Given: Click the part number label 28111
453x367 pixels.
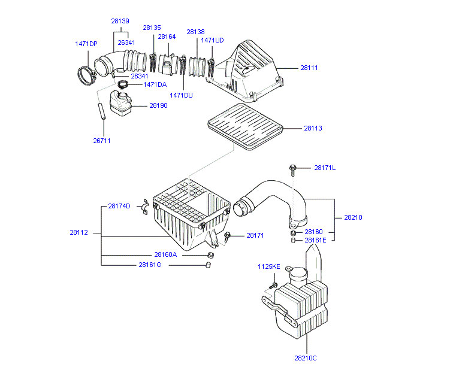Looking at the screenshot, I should pyautogui.click(x=309, y=68).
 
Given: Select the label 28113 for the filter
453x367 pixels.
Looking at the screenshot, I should pyautogui.click(x=313, y=128).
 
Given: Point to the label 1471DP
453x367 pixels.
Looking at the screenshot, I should pyautogui.click(x=86, y=44).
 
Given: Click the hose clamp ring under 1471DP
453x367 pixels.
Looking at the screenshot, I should pyautogui.click(x=87, y=76).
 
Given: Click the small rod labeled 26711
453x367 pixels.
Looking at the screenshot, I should pyautogui.click(x=102, y=111).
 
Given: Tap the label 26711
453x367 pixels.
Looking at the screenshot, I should pyautogui.click(x=101, y=141).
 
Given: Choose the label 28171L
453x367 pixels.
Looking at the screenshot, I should pyautogui.click(x=325, y=168).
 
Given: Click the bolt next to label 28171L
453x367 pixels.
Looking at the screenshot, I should pyautogui.click(x=292, y=169).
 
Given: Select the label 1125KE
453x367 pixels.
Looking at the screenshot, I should pyautogui.click(x=269, y=266).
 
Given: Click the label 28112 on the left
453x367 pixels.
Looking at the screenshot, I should pyautogui.click(x=78, y=232).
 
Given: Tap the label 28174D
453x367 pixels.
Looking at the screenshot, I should pyautogui.click(x=119, y=207).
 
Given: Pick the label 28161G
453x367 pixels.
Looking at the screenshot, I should pyautogui.click(x=150, y=265).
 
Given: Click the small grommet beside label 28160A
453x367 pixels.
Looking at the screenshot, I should pyautogui.click(x=210, y=255).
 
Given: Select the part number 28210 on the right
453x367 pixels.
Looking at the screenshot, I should pyautogui.click(x=353, y=217).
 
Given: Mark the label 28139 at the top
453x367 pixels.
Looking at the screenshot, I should pyautogui.click(x=120, y=21).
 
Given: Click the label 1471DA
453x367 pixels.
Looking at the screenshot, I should pyautogui.click(x=155, y=84).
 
